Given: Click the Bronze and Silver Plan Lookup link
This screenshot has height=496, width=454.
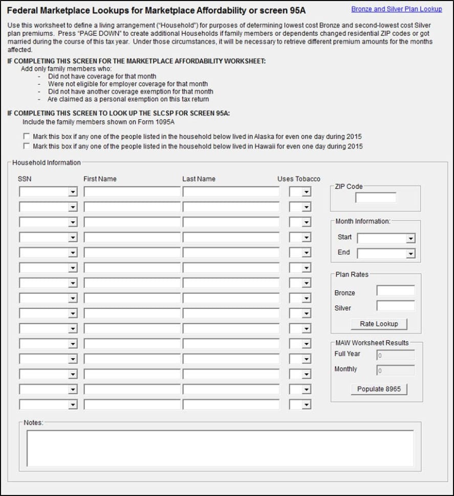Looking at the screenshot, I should [x=396, y=9].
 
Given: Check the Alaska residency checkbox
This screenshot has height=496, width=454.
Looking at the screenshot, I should [x=27, y=137].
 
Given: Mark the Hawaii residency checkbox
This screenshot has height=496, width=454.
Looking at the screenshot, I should [x=27, y=146].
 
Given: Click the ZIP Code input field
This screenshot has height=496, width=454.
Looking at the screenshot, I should [x=376, y=198].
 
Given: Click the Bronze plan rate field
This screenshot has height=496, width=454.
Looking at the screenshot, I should [x=395, y=291].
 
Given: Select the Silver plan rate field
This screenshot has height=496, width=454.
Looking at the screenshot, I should [x=395, y=306].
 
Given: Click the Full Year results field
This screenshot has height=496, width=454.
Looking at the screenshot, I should [x=395, y=355].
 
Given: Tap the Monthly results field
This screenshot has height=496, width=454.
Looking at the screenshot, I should [x=395, y=370].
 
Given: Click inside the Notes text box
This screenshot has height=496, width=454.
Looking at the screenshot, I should [x=220, y=448].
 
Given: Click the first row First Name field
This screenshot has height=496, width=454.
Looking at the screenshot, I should [x=132, y=192].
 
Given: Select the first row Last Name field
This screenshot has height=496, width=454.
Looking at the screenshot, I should [x=231, y=192].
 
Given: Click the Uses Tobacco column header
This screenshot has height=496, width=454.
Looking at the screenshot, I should [x=298, y=179].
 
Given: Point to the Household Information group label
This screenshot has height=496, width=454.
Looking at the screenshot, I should [x=47, y=163].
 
